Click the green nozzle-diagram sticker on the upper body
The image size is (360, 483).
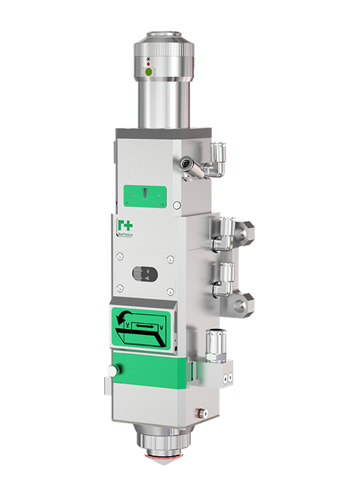coord(146,195)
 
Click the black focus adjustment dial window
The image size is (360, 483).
coord(143,274)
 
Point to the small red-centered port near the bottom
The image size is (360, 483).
coord(201,412)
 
